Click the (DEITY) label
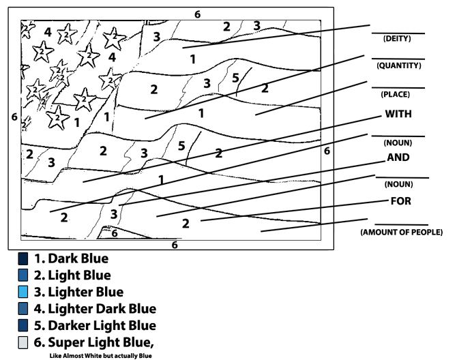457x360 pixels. click(397, 39)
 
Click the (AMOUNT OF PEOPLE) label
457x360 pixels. click(401, 233)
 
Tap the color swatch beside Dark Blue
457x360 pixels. click(23, 259)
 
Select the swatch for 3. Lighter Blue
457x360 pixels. click(23, 292)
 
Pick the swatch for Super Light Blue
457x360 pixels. click(23, 341)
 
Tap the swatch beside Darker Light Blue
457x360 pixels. click(23, 325)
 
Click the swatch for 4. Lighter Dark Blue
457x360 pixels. click(23, 308)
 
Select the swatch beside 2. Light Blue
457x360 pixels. click(23, 275)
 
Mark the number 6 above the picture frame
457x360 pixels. click(197, 14)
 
